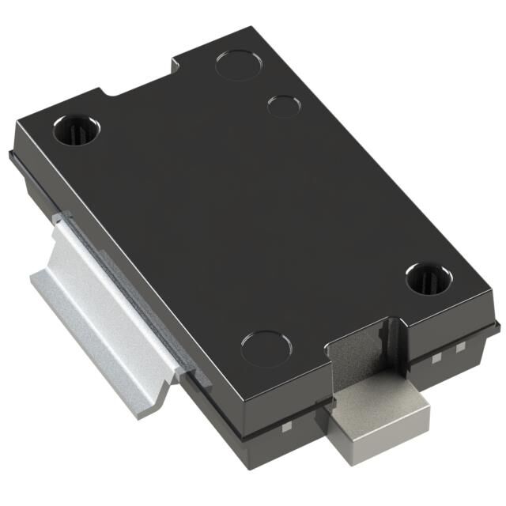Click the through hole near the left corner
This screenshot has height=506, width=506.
coord(76,130)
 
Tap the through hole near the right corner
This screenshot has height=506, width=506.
coord(428,278)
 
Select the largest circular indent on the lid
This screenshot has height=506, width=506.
coord(239,64)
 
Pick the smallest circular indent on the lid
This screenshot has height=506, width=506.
coord(282,105)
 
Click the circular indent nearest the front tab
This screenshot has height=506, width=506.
coord(266,348)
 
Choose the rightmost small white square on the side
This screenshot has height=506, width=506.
coord(461,347)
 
